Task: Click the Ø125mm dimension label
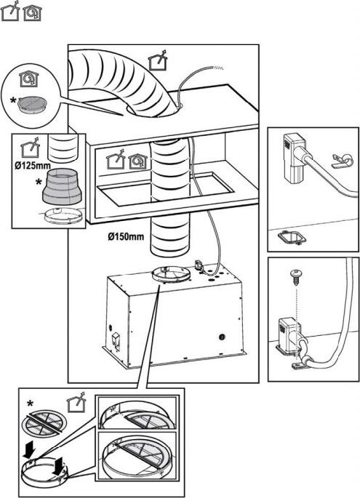33,166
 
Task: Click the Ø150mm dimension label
126,236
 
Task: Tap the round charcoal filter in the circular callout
33,104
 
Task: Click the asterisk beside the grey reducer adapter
39,182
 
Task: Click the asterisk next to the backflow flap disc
30,404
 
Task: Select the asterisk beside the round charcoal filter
12,100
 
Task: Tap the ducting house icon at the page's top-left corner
10,11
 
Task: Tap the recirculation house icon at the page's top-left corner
32,13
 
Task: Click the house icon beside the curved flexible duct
159,60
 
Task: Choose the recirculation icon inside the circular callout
28,79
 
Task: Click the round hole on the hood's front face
222,337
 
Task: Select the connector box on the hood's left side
116,340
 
